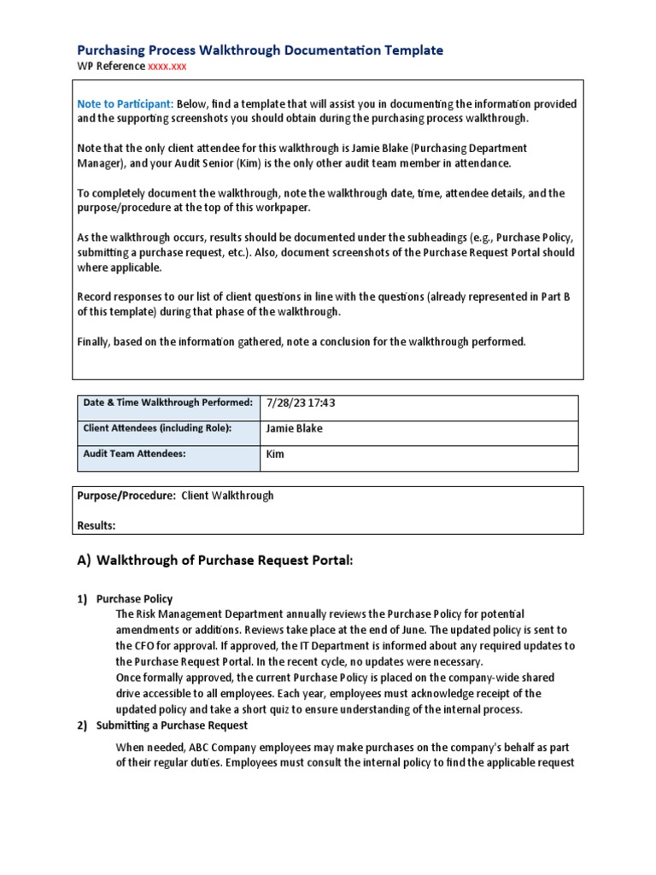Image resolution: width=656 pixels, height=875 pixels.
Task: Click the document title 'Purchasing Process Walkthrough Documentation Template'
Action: coord(260,50)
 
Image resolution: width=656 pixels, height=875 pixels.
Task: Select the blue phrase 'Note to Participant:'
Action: coord(126,104)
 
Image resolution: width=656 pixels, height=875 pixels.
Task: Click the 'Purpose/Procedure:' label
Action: coord(126,496)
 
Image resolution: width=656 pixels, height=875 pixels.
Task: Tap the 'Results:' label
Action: coord(97,525)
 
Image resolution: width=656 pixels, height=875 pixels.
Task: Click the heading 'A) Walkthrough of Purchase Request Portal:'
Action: coord(214,561)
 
